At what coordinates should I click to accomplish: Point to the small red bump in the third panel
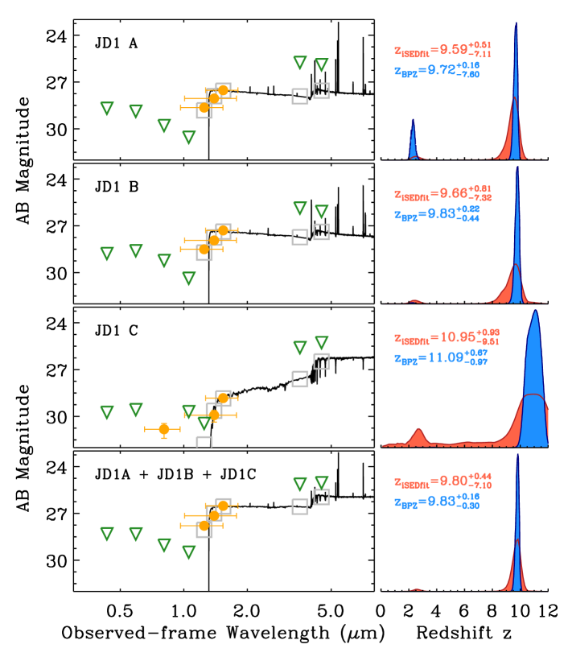(418, 436)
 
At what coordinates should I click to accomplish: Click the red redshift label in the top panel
(442, 50)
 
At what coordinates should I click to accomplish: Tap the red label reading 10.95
(446, 337)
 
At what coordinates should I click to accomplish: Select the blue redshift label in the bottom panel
(436, 502)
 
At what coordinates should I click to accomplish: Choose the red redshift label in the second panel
(442, 194)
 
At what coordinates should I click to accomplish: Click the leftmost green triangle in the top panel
(107, 109)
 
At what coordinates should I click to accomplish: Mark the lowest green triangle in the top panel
(189, 138)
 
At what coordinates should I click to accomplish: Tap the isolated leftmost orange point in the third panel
(164, 429)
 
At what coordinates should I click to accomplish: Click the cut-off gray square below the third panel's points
(204, 441)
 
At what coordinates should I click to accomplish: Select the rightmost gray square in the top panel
(321, 91)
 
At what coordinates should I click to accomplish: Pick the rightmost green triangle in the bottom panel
(322, 482)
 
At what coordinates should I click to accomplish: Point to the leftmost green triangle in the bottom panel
(107, 534)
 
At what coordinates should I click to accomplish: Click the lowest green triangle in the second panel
(189, 279)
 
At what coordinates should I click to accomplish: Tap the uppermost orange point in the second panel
(223, 230)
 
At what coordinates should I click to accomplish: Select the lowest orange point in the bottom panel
(204, 526)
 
